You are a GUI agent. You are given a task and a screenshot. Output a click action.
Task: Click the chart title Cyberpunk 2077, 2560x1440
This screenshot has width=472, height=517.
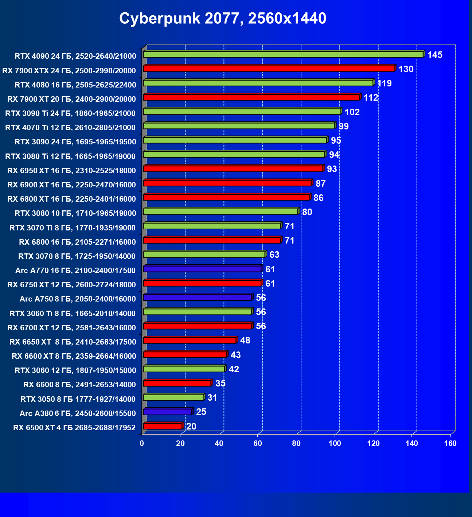pyautogui.click(x=223, y=18)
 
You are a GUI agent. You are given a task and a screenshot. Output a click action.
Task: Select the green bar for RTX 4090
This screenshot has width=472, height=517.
pyautogui.click(x=283, y=54)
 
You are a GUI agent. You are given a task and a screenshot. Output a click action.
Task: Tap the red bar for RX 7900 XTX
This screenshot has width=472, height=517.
pyautogui.click(x=269, y=69)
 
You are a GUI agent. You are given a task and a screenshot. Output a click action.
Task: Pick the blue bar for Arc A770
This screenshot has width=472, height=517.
pyautogui.click(x=202, y=269)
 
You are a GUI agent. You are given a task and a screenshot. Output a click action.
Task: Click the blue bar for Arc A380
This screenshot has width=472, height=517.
pyautogui.click(x=167, y=412)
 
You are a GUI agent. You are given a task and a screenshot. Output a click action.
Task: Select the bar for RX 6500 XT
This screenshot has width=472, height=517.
pyautogui.click(x=163, y=426)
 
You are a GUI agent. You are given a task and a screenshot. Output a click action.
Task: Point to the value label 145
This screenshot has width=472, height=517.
pyautogui.click(x=435, y=55)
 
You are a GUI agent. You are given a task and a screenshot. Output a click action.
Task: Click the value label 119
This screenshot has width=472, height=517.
pyautogui.click(x=384, y=83)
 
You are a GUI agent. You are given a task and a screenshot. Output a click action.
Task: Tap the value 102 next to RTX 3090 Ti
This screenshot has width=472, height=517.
pyautogui.click(x=352, y=112)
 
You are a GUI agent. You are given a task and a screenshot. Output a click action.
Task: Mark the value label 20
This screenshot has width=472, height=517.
pyautogui.click(x=191, y=426)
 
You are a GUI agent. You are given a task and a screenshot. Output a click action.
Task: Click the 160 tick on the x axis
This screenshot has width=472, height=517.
pyautogui.click(x=450, y=443)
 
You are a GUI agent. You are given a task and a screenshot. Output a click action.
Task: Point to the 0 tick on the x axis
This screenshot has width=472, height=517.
pyautogui.click(x=142, y=443)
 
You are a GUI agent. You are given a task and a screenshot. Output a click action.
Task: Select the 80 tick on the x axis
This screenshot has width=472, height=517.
pyautogui.click(x=296, y=443)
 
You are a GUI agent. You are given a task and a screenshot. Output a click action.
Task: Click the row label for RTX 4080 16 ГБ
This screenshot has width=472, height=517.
pyautogui.click(x=75, y=85)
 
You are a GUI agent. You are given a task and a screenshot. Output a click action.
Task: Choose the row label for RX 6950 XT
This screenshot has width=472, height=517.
pyautogui.click(x=71, y=171)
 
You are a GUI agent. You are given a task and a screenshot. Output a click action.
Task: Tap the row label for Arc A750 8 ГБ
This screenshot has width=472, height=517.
pyautogui.click(x=78, y=299)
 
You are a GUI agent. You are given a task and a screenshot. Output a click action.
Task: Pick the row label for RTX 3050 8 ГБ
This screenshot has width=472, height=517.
pyautogui.click(x=78, y=399)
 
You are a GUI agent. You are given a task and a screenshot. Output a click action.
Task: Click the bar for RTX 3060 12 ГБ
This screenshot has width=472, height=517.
pyautogui.click(x=184, y=369)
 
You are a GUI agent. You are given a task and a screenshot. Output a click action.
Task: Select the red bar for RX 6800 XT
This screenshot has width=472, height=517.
pyautogui.click(x=226, y=197)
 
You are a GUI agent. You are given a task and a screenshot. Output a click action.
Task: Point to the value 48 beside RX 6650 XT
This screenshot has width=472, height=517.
pyautogui.click(x=245, y=341)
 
